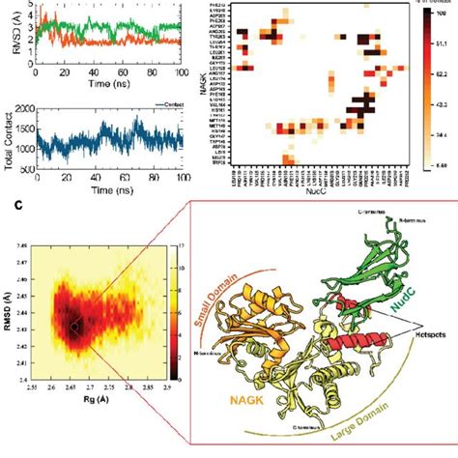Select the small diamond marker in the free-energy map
click(x=71, y=329)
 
